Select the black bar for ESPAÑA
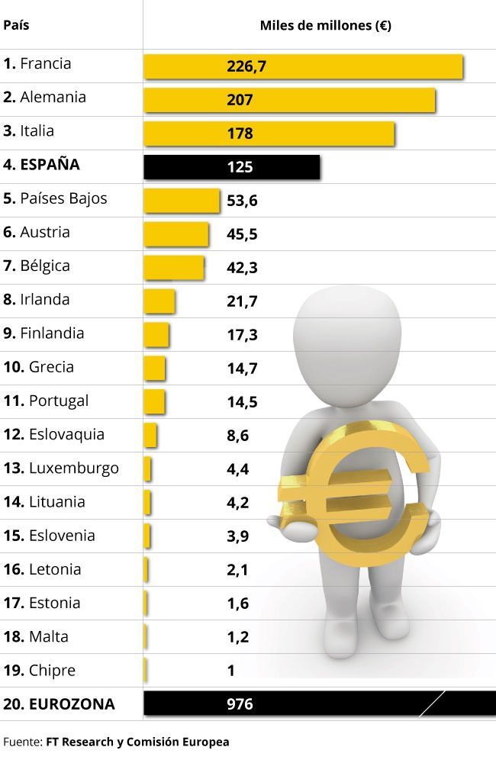pyautogui.click(x=232, y=166)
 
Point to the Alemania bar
pyautogui.click(x=290, y=99)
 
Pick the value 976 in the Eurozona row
pyautogui.click(x=240, y=704)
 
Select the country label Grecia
pyautogui.click(x=51, y=367)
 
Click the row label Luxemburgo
pyautogui.click(x=73, y=468)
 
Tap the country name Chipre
pyautogui.click(x=52, y=671)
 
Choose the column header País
pyautogui.click(x=17, y=24)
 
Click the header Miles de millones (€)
pyautogui.click(x=326, y=26)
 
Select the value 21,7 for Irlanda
pyautogui.click(x=242, y=301)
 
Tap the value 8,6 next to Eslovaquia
pyautogui.click(x=237, y=436)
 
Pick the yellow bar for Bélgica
pyautogui.click(x=174, y=267)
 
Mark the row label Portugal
pyautogui.click(x=59, y=401)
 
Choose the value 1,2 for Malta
pyautogui.click(x=237, y=637)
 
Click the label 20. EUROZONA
pyautogui.click(x=59, y=704)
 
